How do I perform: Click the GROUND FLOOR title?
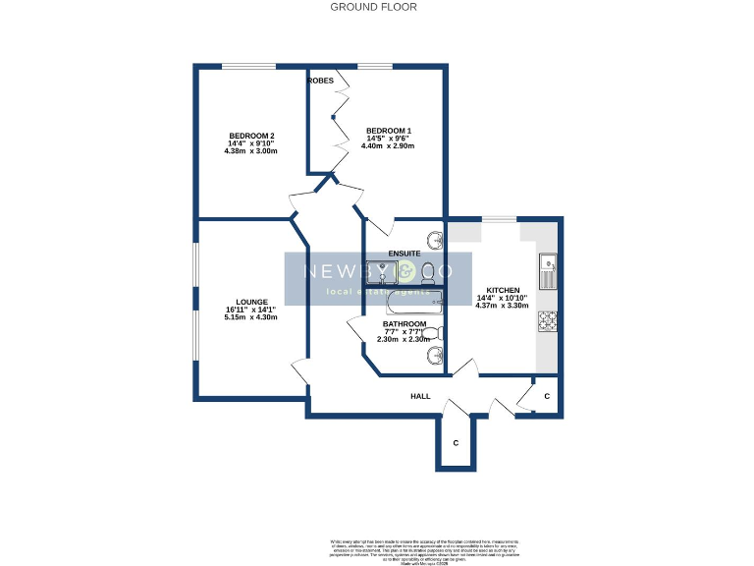coord(373,7)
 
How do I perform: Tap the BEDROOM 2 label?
coord(251,136)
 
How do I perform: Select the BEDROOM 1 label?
coord(389,131)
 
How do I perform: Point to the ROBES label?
coord(320,81)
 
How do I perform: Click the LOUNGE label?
coord(251,303)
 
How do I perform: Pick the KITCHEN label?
coord(503,291)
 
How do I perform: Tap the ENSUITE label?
coord(404,254)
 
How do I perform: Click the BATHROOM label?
coord(404,324)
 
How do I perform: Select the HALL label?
coord(420,396)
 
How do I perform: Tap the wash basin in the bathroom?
coord(435,356)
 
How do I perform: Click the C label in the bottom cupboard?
coord(456,443)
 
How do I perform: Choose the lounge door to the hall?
coord(302,372)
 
